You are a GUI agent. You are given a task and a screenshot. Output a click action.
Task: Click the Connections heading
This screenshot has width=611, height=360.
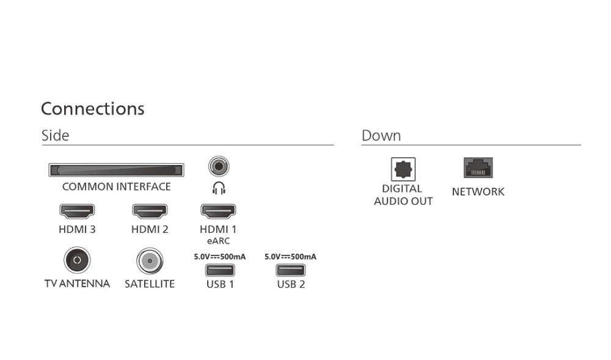coord(93,109)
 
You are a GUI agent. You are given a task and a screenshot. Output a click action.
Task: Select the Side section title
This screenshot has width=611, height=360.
coord(56,136)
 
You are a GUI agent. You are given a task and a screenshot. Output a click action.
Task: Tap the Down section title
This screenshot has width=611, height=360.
coord(381,136)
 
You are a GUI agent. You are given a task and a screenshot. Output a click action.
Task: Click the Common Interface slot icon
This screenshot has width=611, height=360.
coord(116,171)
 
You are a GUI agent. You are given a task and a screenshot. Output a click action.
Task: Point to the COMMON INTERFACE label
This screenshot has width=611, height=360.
coord(117,186)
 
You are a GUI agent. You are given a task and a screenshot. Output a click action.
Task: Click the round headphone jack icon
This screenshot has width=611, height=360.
coord(219,166)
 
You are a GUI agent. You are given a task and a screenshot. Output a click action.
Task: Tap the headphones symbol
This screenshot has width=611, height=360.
coord(219,188)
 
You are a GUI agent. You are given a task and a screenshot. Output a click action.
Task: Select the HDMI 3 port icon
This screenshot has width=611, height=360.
coord(77,211)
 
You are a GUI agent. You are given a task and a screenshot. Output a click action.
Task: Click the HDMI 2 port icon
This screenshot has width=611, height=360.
coord(150,211)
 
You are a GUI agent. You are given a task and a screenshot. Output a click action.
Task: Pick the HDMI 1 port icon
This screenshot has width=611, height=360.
coord(218,211)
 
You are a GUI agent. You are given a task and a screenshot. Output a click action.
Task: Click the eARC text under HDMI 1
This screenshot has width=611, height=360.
coord(218,241)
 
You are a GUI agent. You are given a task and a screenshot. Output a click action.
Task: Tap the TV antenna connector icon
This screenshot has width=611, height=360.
coord(77,260)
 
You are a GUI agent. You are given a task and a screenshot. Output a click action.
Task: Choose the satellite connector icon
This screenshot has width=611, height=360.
coord(150,260)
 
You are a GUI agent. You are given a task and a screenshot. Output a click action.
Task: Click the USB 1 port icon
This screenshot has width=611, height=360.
coord(220,270)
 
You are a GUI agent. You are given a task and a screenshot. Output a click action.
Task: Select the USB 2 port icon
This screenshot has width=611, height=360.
coord(291,270)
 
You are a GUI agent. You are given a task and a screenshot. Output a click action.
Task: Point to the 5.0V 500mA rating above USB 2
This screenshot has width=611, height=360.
coord(290,257)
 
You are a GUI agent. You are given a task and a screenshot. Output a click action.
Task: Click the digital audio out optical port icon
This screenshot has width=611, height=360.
coord(403,169)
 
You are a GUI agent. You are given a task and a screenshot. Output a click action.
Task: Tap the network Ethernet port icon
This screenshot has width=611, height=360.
coord(478,168)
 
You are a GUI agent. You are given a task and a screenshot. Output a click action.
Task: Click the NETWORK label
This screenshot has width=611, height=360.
coord(478,192)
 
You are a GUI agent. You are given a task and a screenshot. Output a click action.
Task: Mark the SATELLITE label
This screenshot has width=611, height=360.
coord(150,284)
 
